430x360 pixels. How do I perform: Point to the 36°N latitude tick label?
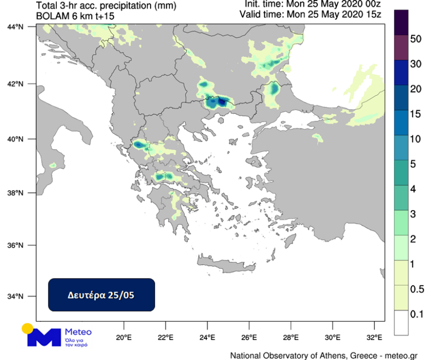(16, 245)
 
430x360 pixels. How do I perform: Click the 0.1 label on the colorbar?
(416, 314)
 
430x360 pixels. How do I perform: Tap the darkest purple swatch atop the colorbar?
(402, 22)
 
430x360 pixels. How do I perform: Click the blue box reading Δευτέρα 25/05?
(101, 295)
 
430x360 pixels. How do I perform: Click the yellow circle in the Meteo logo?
(27, 328)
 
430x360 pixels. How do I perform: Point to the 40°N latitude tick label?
(16, 139)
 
